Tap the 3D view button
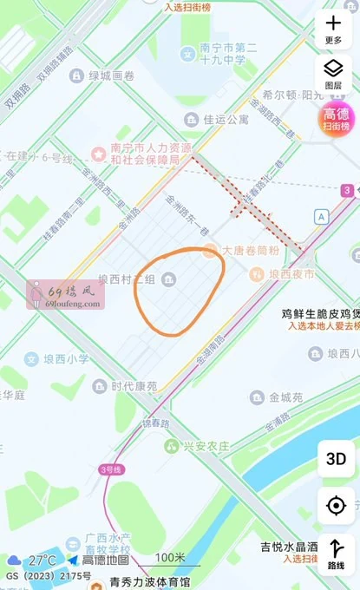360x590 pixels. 335,459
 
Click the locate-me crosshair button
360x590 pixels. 335,505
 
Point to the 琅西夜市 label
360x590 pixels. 291,274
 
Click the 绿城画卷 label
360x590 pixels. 113,75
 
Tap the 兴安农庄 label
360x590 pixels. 206,446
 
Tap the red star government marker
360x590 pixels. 99,154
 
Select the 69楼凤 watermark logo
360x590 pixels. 67,294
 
